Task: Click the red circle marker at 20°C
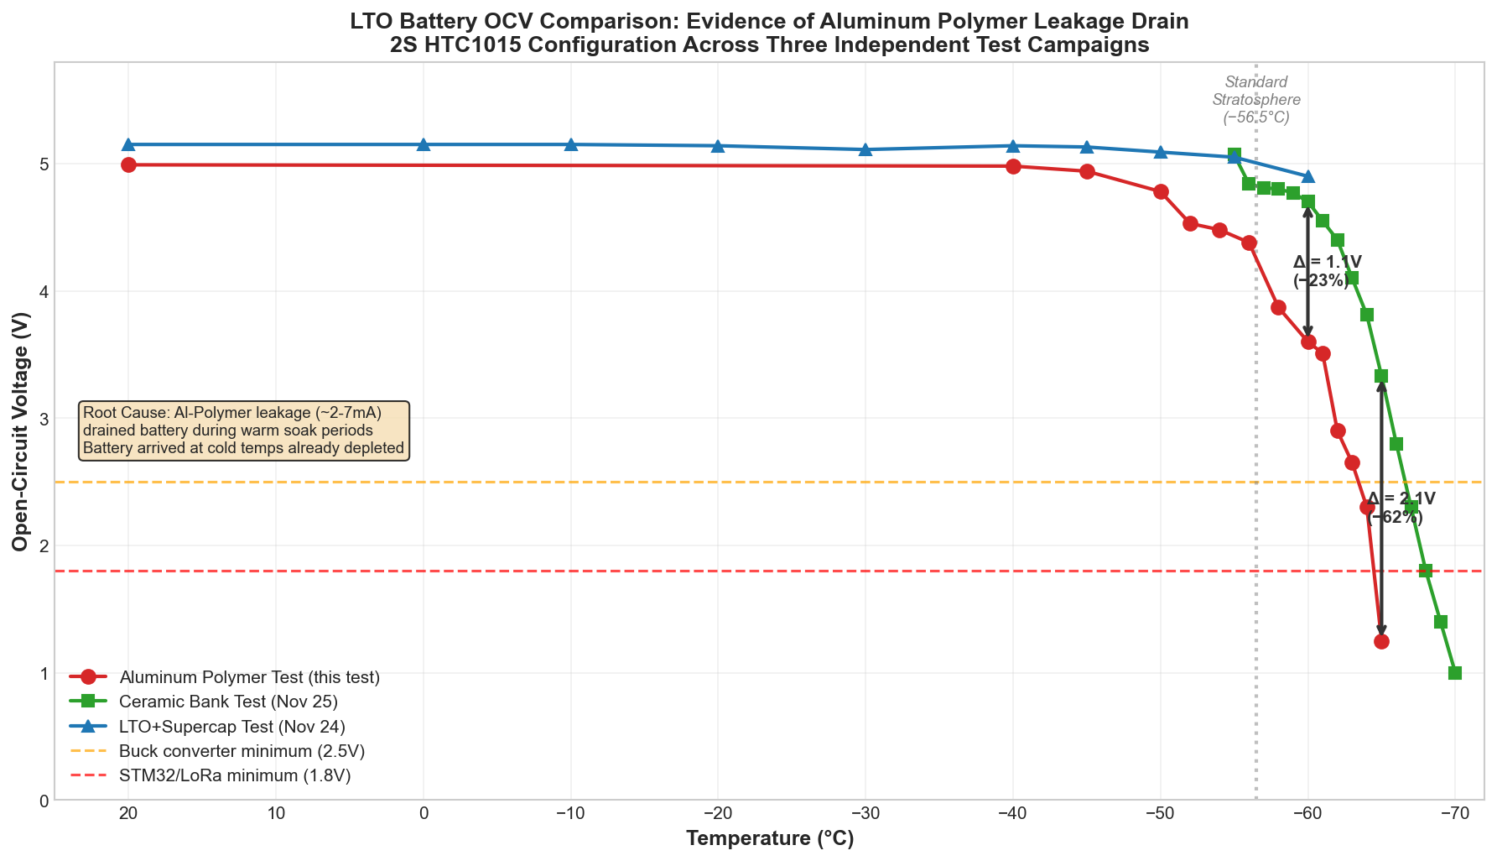click(128, 164)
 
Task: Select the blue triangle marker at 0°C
click(424, 144)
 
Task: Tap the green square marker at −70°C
click(1455, 673)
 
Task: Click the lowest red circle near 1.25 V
click(1381, 641)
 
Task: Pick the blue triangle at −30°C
click(865, 149)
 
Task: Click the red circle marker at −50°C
click(1161, 191)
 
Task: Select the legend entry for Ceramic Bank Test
click(228, 702)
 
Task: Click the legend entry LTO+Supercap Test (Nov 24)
click(232, 726)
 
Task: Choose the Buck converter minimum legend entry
click(242, 751)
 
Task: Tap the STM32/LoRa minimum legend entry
click(235, 775)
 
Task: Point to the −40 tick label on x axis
click(1012, 814)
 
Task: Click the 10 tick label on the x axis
click(276, 814)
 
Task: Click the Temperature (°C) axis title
click(769, 838)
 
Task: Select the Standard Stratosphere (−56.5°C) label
click(1255, 100)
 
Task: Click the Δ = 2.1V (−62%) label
click(1400, 508)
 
